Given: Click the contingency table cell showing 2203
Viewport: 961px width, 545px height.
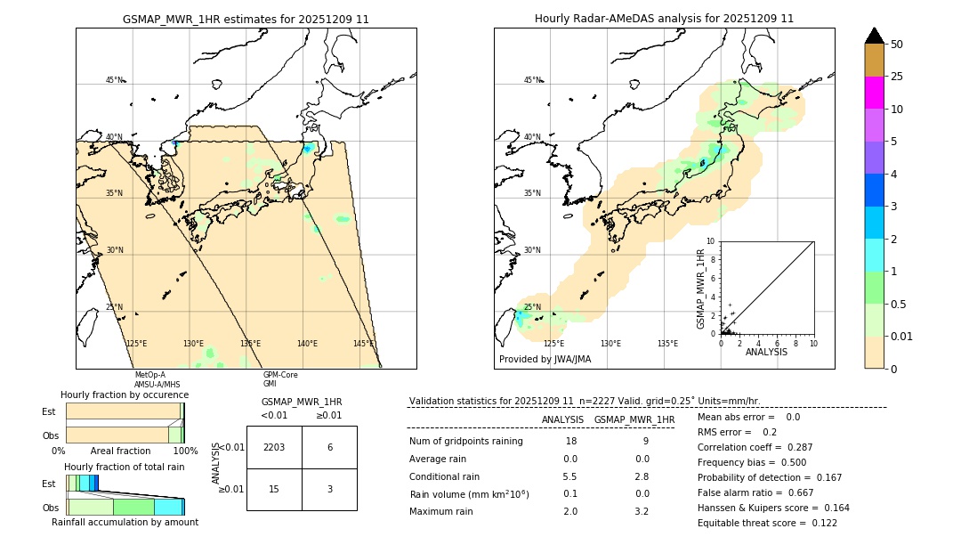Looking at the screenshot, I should [274, 447].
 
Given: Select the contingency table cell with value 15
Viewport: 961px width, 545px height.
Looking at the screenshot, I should [274, 489].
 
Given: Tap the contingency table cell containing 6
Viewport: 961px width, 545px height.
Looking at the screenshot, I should [329, 447].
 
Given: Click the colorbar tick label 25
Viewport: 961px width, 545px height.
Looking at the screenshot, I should [897, 77].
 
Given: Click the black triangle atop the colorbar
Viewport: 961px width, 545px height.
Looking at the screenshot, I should [875, 36].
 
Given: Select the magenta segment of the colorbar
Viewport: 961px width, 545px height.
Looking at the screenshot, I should [875, 93].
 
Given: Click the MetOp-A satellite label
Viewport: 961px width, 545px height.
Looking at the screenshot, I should [149, 375].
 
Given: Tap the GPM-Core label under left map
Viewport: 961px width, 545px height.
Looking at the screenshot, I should [280, 375].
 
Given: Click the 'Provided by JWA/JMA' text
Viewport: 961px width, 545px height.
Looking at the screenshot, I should [545, 359].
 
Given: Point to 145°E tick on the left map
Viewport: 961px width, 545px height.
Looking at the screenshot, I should [363, 344].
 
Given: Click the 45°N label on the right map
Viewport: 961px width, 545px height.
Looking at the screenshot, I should [532, 80].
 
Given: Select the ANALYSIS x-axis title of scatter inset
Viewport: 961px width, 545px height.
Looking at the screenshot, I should [766, 352].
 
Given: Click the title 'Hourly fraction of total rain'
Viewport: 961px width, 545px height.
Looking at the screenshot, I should [124, 467].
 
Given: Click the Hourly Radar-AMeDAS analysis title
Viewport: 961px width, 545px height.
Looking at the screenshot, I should [664, 19].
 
